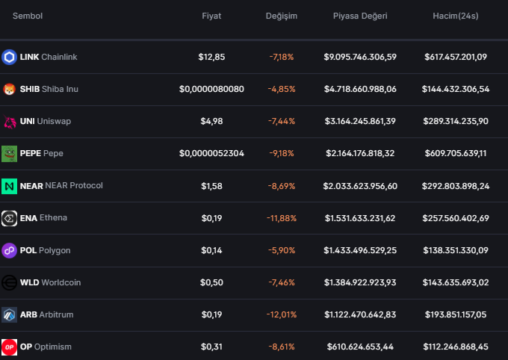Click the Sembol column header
[x=28, y=16]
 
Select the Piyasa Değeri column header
[x=360, y=16]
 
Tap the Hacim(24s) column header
[x=456, y=16]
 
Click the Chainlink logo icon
[x=9, y=57]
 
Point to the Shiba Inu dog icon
[x=9, y=89]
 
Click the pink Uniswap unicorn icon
[x=10, y=122]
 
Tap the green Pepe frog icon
[x=9, y=154]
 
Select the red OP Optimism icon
[x=9, y=347]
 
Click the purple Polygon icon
[x=9, y=250]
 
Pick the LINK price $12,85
[x=211, y=57]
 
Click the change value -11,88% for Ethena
[x=281, y=218]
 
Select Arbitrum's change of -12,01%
[x=281, y=314]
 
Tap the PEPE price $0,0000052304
[x=211, y=153]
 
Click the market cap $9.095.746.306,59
[x=360, y=57]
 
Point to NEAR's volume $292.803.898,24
[x=456, y=186]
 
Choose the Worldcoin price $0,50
[x=211, y=282]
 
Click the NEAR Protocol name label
[x=74, y=185]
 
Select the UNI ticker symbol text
[x=27, y=121]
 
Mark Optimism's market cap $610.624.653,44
[x=360, y=347]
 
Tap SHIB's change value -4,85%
[x=281, y=89]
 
